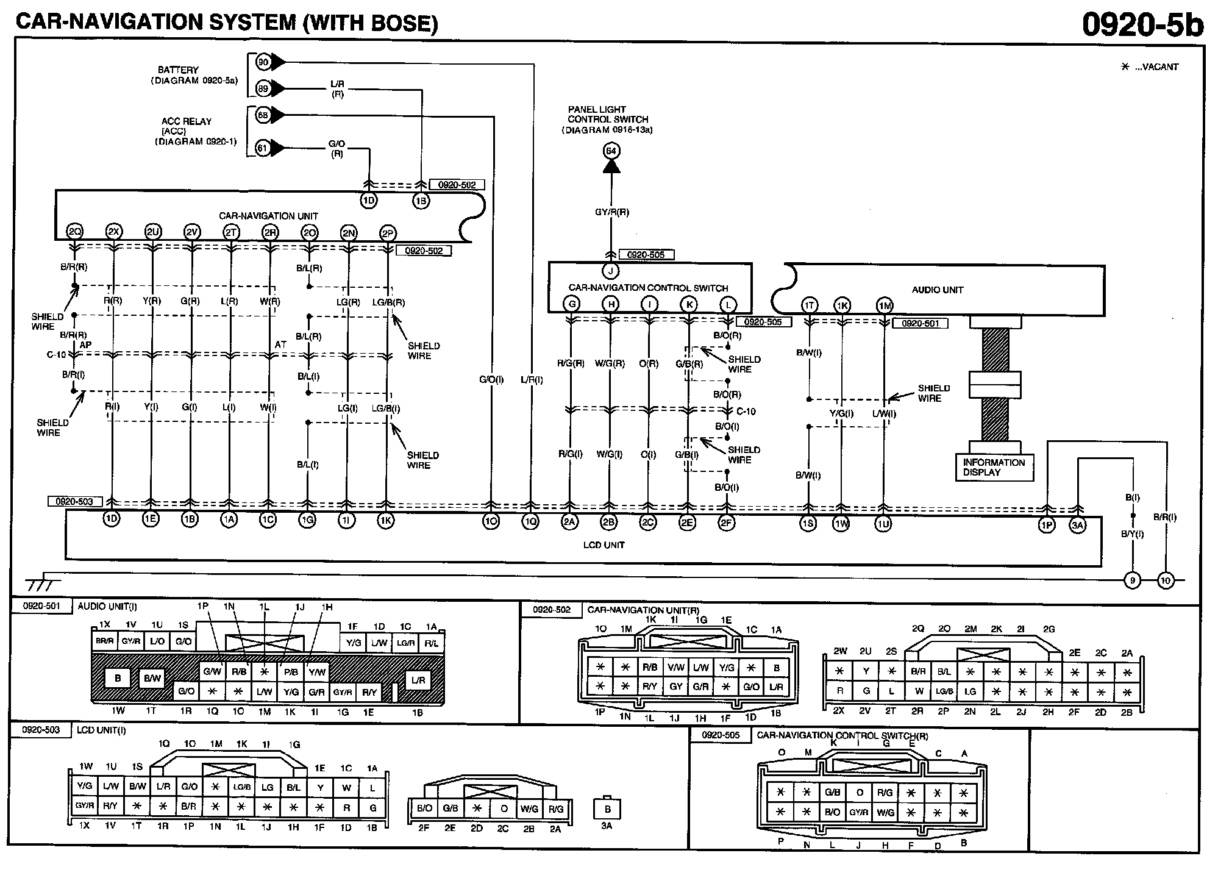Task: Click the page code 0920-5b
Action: (1142, 24)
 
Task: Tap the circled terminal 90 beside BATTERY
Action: (263, 62)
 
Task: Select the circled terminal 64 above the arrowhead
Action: (611, 151)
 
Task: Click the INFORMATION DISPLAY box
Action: (994, 468)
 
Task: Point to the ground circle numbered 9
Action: (1132, 580)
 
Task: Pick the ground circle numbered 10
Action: (1166, 580)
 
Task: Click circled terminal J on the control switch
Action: (610, 271)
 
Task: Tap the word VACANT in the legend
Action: (1156, 67)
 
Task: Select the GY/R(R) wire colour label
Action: (611, 212)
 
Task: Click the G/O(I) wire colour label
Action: (491, 380)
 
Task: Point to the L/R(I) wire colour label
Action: (532, 380)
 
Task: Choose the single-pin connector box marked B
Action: (607, 809)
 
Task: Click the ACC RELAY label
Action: (187, 121)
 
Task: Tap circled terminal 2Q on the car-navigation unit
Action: (74, 232)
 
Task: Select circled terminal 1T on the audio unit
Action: (809, 305)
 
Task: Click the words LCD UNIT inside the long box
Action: (604, 545)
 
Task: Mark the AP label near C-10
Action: (86, 345)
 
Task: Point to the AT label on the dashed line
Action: (280, 344)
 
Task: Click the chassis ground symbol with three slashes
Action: (41, 584)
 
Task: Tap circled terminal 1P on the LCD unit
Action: (1047, 526)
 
